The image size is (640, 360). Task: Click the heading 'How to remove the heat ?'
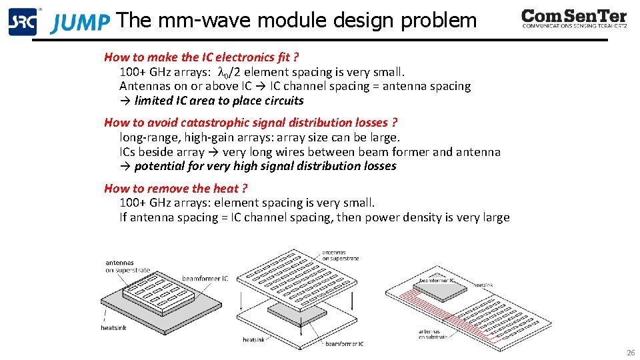[175, 188]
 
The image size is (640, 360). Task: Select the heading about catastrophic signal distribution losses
[251, 122]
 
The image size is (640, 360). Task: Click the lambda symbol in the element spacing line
[224, 72]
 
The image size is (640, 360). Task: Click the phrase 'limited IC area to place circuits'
[219, 101]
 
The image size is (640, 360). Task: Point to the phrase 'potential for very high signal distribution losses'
[265, 166]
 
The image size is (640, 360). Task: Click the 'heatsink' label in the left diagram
[113, 327]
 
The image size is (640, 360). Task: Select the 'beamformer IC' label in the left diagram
[205, 278]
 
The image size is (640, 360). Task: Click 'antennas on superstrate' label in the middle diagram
[340, 255]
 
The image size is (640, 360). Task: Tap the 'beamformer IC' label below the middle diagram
[344, 344]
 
